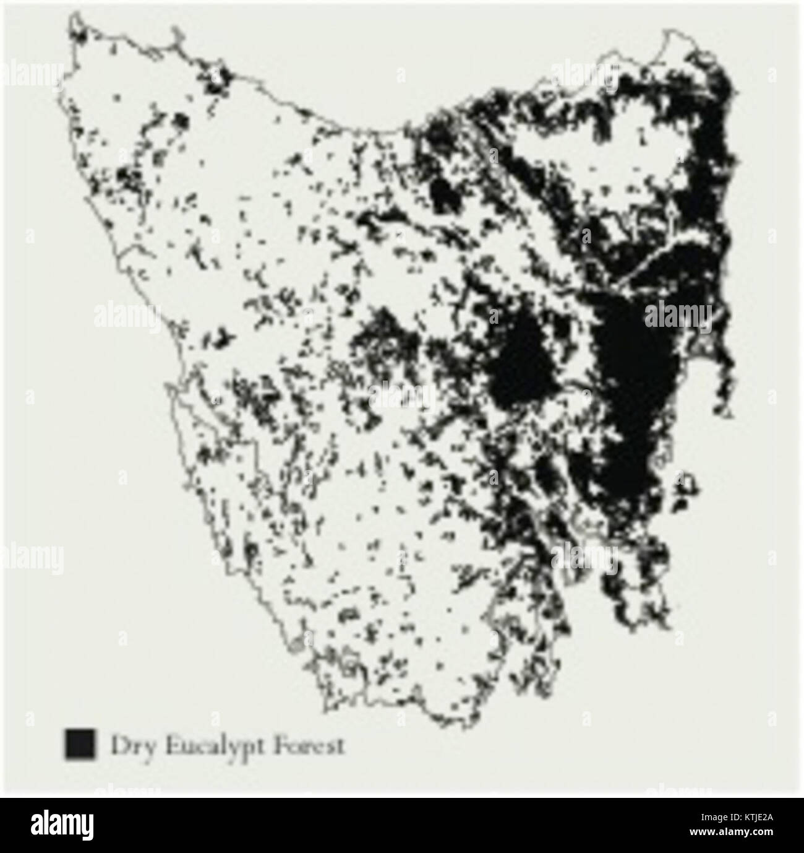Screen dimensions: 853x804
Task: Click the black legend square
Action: (x=80, y=743)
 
